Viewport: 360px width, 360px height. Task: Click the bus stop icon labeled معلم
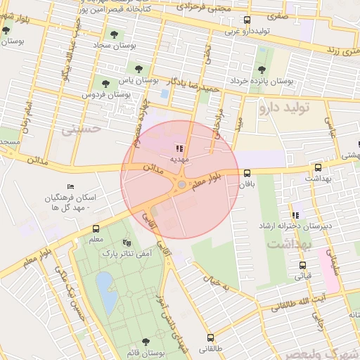click(96, 229)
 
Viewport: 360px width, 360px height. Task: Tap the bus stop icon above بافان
click(247, 173)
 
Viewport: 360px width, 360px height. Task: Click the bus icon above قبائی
click(303, 266)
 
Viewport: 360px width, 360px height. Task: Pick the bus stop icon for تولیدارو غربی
click(246, 20)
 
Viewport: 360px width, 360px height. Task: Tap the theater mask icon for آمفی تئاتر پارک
click(127, 242)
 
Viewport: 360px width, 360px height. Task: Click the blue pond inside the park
click(106, 290)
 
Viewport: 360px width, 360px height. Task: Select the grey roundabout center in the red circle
click(181, 184)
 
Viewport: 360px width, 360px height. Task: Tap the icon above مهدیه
click(179, 148)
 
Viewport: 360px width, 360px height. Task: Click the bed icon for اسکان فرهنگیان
click(70, 186)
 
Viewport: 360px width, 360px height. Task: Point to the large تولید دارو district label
click(289, 108)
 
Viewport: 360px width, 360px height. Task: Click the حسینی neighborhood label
click(81, 129)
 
